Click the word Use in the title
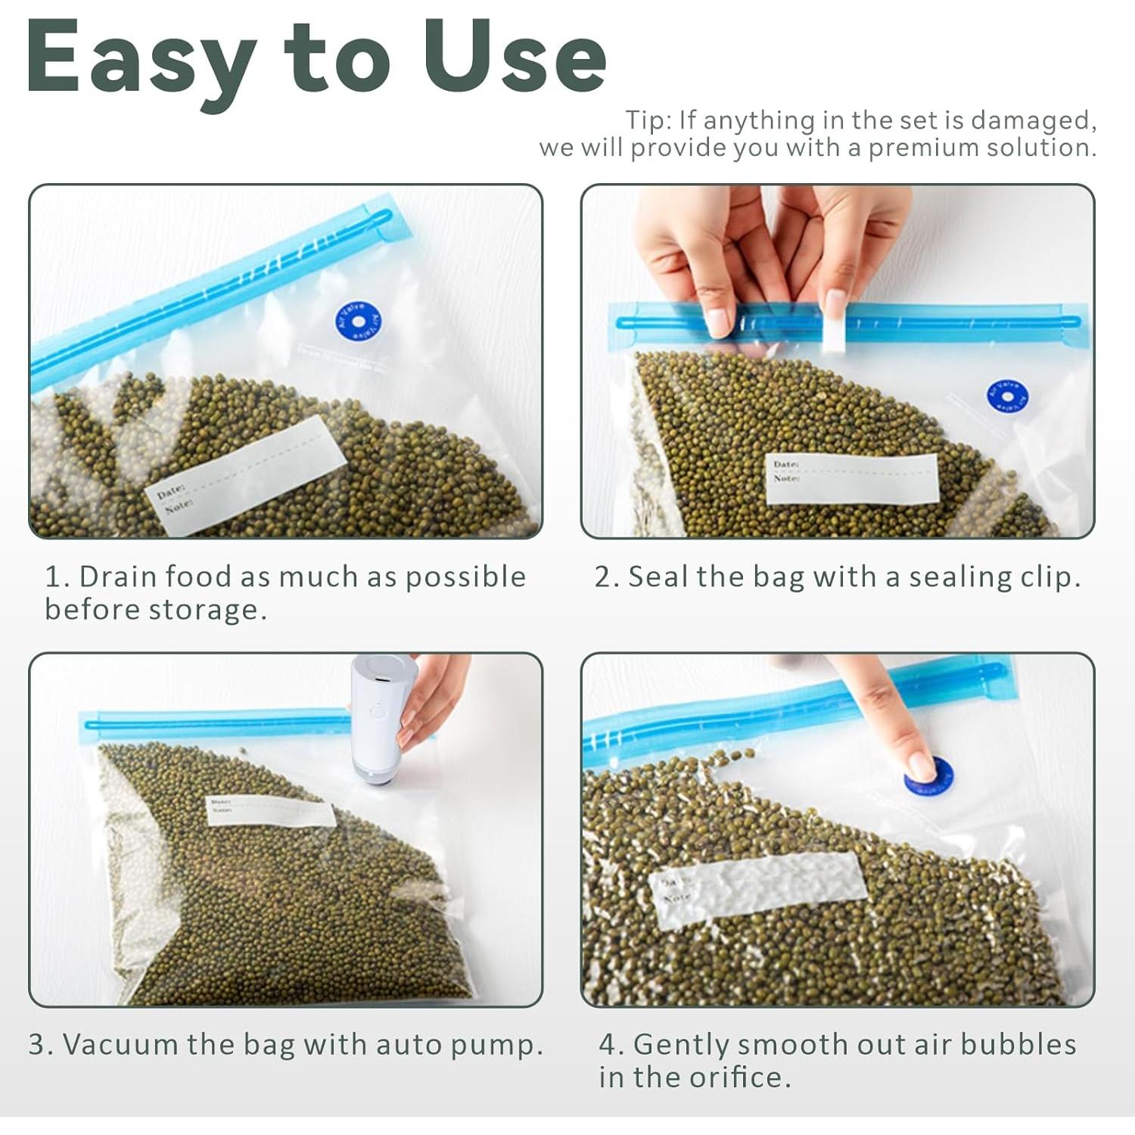[515, 58]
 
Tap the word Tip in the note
[647, 120]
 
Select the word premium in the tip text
[920, 147]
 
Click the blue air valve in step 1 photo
[358, 322]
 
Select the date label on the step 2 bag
[851, 478]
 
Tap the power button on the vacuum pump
[375, 711]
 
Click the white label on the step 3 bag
[270, 810]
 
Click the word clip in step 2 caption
[1046, 577]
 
